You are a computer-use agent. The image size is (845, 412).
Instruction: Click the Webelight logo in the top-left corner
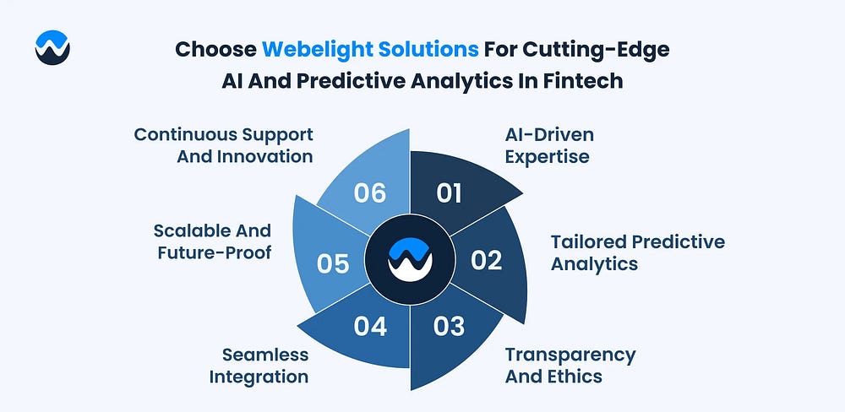(x=52, y=47)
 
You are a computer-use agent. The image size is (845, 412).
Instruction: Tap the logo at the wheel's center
(x=410, y=259)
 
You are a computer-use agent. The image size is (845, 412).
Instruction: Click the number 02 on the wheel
(x=486, y=260)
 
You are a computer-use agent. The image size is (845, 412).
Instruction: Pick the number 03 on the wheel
(x=449, y=327)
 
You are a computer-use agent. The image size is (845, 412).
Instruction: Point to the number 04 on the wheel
(x=370, y=327)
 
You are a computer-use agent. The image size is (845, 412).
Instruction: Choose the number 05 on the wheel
(x=333, y=264)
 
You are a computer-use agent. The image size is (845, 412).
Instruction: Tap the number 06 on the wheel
(x=370, y=193)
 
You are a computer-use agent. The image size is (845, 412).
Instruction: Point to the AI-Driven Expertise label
(x=549, y=145)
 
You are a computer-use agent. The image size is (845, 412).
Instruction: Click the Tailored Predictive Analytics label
(x=637, y=252)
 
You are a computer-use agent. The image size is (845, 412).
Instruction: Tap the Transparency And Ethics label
(x=570, y=366)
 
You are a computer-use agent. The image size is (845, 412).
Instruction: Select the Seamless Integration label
(x=259, y=366)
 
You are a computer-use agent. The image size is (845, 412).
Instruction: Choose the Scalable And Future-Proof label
(x=212, y=241)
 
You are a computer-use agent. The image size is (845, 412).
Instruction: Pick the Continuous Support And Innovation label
(x=224, y=145)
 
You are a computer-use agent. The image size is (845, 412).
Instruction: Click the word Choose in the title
(x=216, y=50)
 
